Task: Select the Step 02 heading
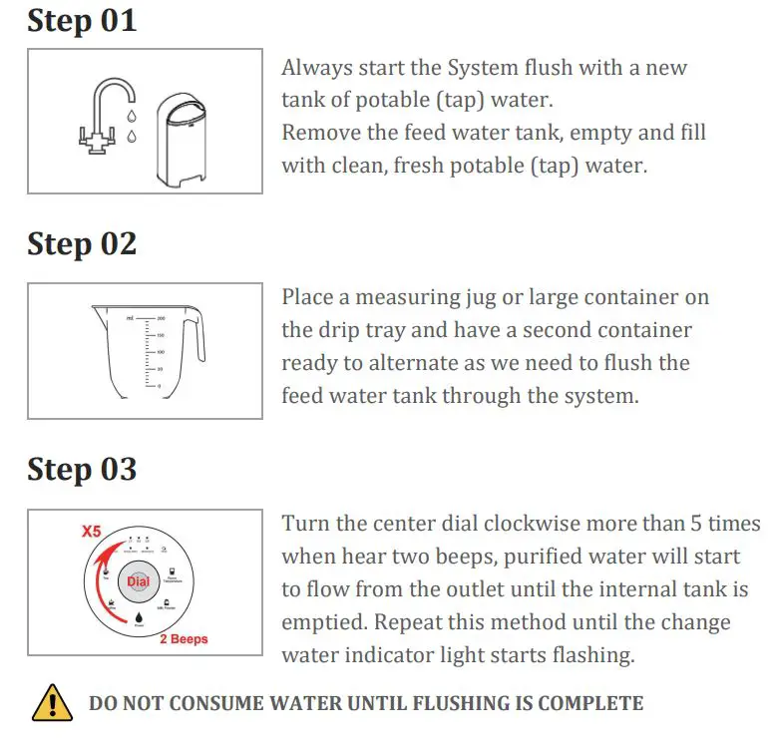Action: (82, 243)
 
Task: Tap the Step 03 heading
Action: (82, 469)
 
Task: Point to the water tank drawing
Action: (185, 139)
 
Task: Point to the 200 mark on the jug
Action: (161, 317)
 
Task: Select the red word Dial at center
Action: (139, 580)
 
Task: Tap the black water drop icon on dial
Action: (140, 619)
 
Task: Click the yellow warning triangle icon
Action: (52, 704)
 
